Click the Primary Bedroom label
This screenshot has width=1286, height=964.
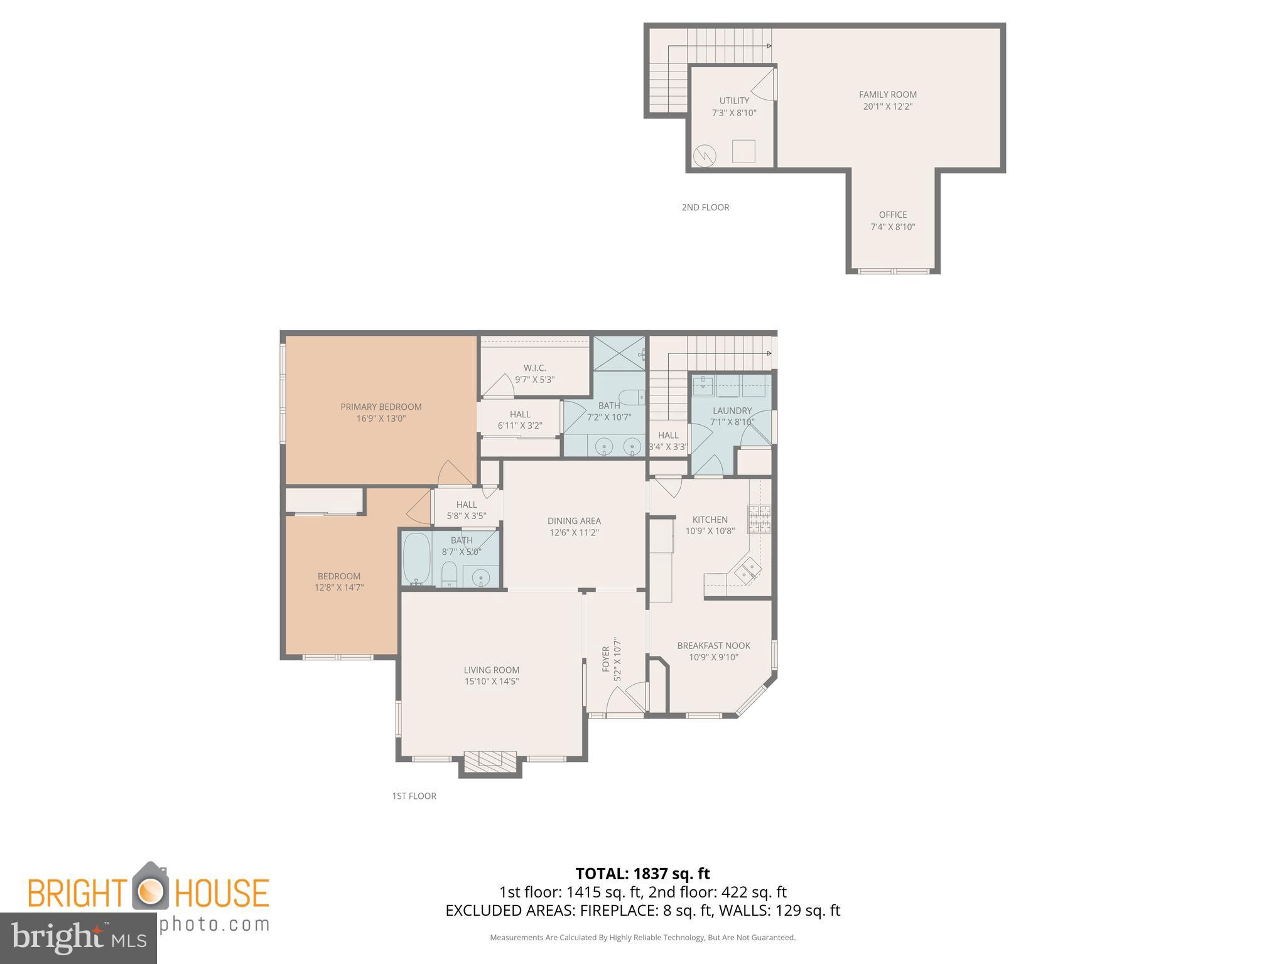pos(381,407)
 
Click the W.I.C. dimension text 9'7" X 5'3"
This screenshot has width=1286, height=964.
pos(534,380)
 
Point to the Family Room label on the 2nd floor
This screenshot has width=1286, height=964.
pos(887,95)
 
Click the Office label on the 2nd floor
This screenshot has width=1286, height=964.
pos(892,215)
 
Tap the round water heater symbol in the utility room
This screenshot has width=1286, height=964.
pos(705,154)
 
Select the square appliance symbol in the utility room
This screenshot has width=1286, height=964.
pos(743,151)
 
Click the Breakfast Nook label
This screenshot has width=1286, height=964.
pos(713,645)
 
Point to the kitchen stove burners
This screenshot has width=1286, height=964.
pos(759,519)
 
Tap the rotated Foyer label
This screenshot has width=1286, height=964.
pos(606,659)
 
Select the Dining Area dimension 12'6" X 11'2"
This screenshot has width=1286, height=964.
pos(574,533)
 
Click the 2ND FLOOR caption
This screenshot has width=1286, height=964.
pos(705,207)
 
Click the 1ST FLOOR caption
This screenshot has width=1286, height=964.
pos(414,796)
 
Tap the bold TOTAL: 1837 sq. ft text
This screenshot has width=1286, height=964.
pos(642,873)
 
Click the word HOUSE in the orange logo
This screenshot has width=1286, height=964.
pos(221,893)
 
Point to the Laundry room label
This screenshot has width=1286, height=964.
pos(732,410)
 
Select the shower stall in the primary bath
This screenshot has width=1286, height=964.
pos(619,353)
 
